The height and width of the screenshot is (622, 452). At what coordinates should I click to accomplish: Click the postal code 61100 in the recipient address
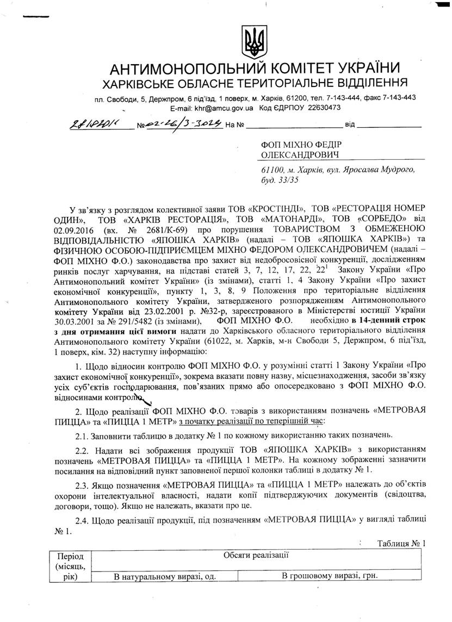pyautogui.click(x=273, y=170)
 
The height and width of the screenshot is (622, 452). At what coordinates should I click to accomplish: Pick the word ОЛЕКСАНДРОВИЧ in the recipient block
pyautogui.click(x=294, y=155)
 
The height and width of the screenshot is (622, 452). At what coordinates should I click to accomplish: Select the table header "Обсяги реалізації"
pyautogui.click(x=256, y=556)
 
